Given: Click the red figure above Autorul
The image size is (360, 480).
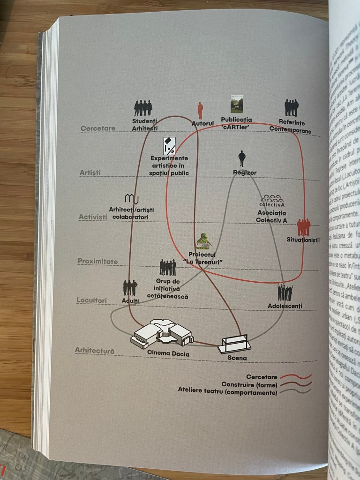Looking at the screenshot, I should point(200,111).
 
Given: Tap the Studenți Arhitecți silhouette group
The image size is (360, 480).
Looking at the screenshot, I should point(143,108).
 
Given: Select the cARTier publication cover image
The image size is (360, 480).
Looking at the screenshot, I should point(237,104).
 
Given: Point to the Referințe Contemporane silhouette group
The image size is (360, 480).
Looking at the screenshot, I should point(292,108).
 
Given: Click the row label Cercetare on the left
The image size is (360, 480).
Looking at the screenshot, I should point(97,128).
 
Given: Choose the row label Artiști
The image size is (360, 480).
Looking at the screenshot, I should point(90,173).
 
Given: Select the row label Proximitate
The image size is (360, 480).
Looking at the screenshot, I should point(98,261).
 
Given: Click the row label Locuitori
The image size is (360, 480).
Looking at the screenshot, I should point(92,300).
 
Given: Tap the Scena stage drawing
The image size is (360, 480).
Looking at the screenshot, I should point(234,344).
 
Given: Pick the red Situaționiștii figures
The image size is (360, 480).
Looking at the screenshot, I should point(304,228).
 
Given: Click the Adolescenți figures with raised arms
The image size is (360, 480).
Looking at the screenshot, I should point(285,292).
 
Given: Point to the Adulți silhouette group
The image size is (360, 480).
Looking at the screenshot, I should point(130,287).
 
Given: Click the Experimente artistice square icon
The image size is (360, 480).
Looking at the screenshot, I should point(169,146).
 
